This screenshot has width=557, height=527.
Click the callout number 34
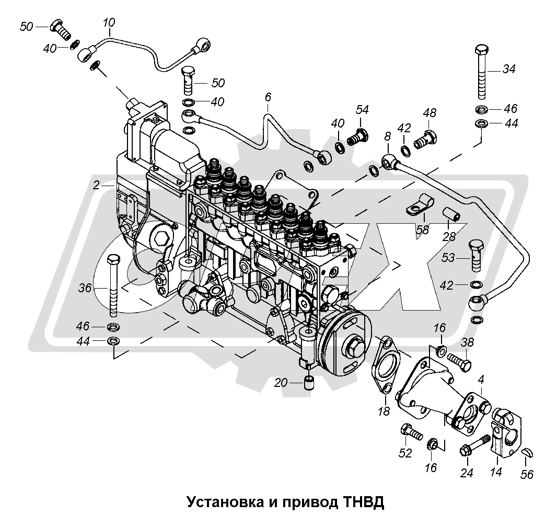508,68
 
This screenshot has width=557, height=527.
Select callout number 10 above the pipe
109,23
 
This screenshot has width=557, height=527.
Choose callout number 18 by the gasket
384,411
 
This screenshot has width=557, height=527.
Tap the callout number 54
362,109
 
